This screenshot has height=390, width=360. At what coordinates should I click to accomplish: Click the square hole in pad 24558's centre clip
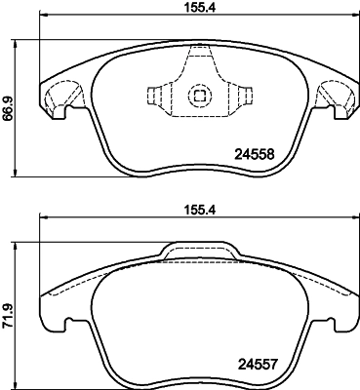[x=199, y=96]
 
